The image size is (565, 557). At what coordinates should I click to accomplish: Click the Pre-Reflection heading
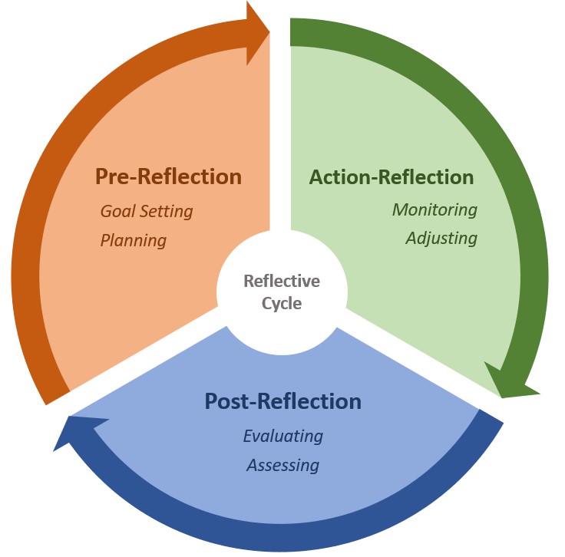[x=168, y=176]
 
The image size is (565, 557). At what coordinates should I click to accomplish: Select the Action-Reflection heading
[x=391, y=177]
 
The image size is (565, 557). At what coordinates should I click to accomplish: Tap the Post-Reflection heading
[x=282, y=401]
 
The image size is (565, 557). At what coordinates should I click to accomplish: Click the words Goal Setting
[x=147, y=210]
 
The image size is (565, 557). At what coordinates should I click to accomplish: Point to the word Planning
[x=134, y=240]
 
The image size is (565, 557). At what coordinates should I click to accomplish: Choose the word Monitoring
[x=434, y=209]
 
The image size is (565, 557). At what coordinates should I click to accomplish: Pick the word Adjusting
[x=441, y=238]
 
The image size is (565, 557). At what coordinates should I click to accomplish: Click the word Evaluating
[x=282, y=436]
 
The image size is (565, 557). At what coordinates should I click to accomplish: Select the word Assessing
[x=282, y=465]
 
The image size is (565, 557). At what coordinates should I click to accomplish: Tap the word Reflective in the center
[x=282, y=281]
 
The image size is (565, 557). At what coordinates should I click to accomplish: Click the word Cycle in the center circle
[x=282, y=303]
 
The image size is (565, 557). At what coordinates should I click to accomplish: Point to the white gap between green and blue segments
[x=415, y=345]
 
